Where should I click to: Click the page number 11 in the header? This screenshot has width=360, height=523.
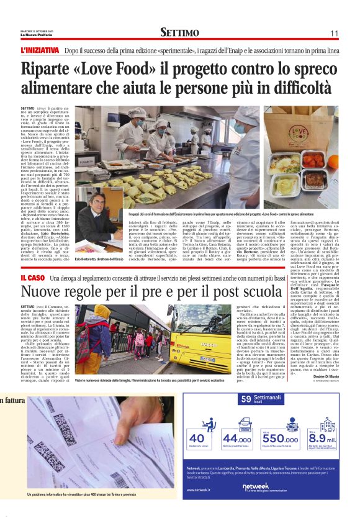point(333,32)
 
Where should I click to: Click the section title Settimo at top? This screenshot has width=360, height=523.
point(179,32)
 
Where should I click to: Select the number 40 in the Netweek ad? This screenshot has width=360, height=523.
point(198,439)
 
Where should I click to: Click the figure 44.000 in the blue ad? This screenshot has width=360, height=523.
point(238,439)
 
